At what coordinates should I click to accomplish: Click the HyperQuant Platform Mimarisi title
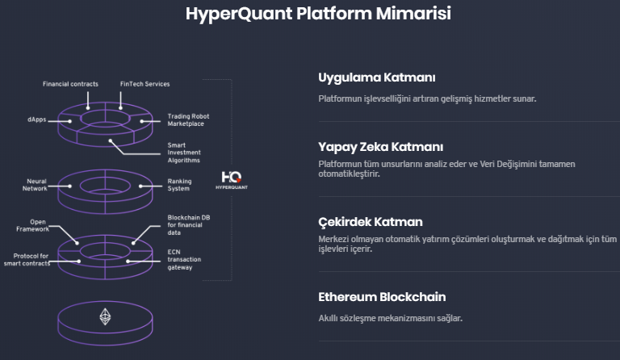(318, 14)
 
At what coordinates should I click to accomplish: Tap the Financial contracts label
(70, 84)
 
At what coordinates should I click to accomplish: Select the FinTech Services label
(145, 84)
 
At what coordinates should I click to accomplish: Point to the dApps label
(37, 119)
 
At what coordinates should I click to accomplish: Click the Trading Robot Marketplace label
(188, 119)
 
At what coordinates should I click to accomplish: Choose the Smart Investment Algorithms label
(184, 153)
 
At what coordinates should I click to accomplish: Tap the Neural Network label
(35, 185)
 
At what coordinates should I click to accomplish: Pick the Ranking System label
(179, 185)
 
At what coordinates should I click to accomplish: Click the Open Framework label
(33, 225)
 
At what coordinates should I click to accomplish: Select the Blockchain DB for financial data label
(189, 225)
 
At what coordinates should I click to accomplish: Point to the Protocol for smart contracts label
(27, 260)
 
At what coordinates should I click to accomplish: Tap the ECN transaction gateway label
(184, 259)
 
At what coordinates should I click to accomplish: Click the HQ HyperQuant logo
(232, 180)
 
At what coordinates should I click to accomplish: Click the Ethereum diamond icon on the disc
(105, 316)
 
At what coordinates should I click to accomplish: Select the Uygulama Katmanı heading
(377, 77)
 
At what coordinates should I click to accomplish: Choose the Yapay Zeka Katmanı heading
(381, 147)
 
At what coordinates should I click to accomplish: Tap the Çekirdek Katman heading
(371, 222)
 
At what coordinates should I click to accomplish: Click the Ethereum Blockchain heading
(382, 297)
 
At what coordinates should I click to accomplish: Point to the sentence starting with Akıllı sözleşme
(390, 318)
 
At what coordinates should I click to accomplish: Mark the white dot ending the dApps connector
(70, 121)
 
